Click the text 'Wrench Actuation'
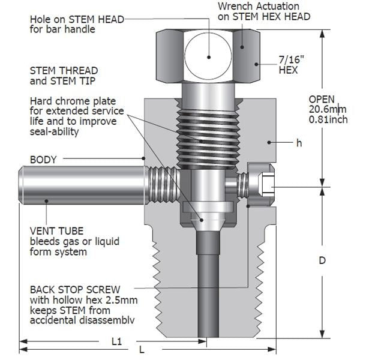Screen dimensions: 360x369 pos(272,7)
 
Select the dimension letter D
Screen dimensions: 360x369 pos(322,261)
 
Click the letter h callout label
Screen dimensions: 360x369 pos(298,143)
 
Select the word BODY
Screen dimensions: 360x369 pos(43,160)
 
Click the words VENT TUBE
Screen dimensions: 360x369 pos(55,231)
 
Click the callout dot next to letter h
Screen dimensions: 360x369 pos(271,143)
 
